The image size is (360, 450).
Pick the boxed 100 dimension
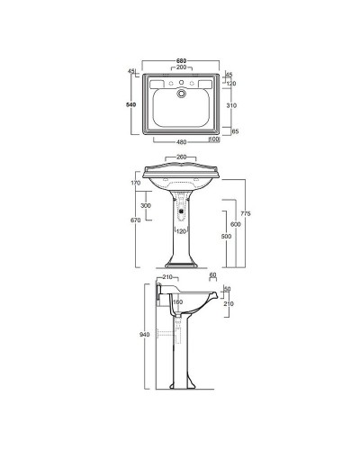pos(214,139)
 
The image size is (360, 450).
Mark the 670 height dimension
pos(136,221)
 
